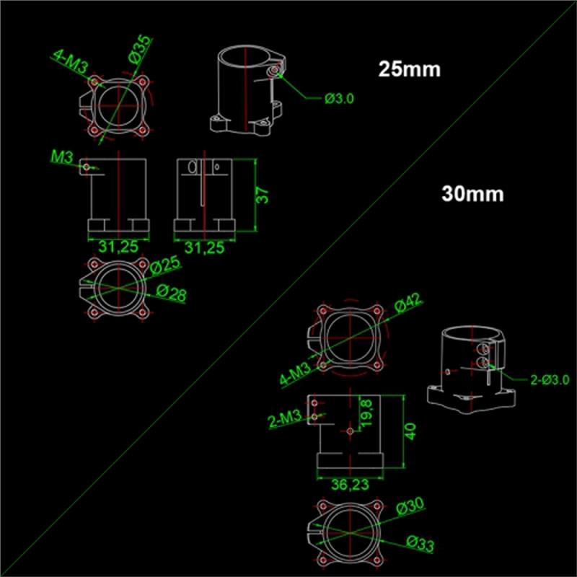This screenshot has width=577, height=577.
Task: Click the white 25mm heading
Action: point(409,69)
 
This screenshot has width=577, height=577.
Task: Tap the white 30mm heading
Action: point(472,193)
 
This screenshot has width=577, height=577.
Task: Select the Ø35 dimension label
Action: point(140,50)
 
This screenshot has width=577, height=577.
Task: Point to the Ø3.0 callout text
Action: point(339,99)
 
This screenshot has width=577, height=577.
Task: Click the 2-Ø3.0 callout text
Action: point(550,380)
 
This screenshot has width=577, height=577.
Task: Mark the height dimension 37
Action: point(263,195)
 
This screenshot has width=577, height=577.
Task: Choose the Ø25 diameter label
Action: point(166,265)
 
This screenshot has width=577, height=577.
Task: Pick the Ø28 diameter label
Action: point(172,294)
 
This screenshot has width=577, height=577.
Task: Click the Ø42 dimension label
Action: point(408,304)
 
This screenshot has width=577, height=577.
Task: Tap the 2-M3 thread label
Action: point(285,419)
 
